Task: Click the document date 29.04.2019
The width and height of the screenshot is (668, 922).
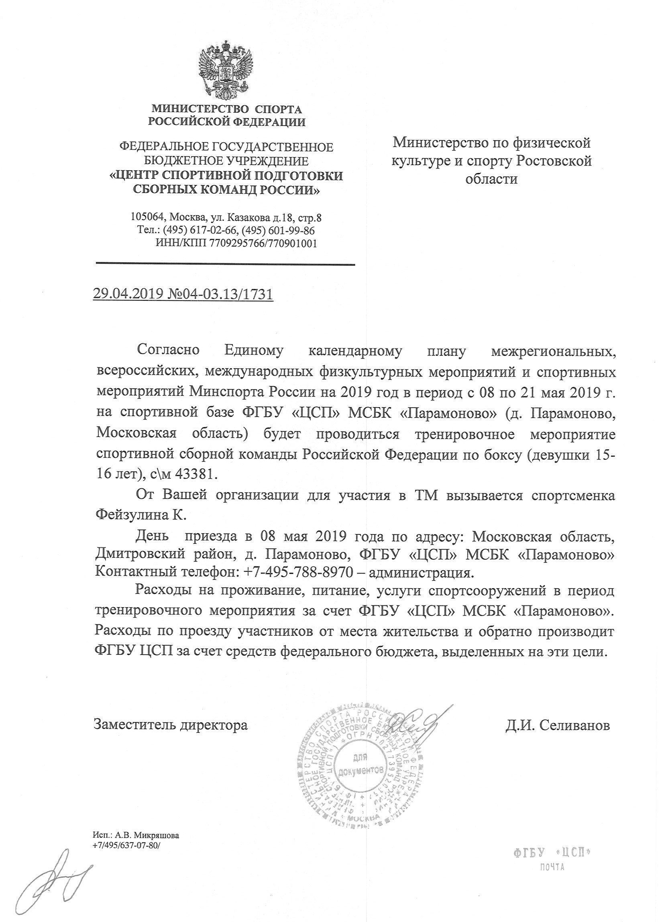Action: coord(128,294)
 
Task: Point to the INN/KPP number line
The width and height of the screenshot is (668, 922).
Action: coord(236,243)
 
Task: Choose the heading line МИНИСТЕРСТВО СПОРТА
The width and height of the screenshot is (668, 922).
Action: coord(227,109)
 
